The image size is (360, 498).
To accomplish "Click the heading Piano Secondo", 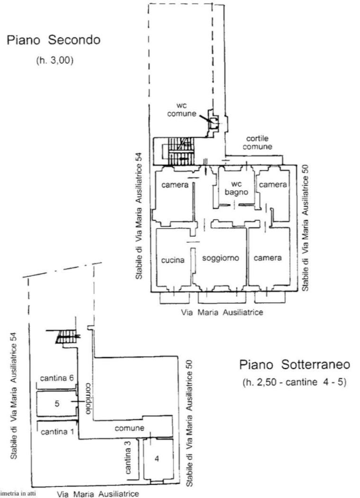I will pos(54,41).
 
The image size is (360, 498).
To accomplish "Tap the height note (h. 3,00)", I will pos(54,60).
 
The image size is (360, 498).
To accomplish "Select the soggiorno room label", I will pos(220,258).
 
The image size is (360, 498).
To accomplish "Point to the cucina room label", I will pos(172,261).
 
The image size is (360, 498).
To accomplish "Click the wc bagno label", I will pos(235,188).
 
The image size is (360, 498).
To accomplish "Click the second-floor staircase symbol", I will pos(179,151).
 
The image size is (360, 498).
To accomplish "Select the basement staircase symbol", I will pos(67,337).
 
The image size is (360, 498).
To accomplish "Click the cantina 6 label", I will pos(57,378).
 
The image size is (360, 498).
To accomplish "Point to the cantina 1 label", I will pos(54,432).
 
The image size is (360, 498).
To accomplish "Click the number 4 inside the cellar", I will pos(157,459).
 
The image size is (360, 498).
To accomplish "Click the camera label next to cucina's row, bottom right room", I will pos(267,258).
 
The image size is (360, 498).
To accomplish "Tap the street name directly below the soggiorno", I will pos(222,312).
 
